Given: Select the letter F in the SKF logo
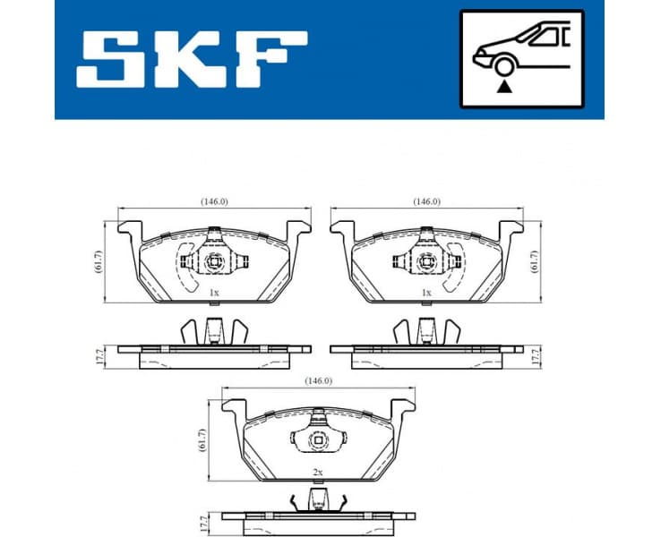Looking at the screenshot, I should pyautogui.click(x=270, y=60).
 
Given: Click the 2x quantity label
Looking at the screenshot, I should pyautogui.click(x=316, y=472).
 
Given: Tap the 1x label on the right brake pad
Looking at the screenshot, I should pyautogui.click(x=426, y=293).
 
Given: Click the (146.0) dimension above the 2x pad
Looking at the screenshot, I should pyautogui.click(x=318, y=381).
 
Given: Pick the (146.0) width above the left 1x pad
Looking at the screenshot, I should pyautogui.click(x=213, y=201).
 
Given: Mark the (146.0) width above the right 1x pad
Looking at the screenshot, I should pyautogui.click(x=426, y=201).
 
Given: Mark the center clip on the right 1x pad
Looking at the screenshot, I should pyautogui.click(x=426, y=262).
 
